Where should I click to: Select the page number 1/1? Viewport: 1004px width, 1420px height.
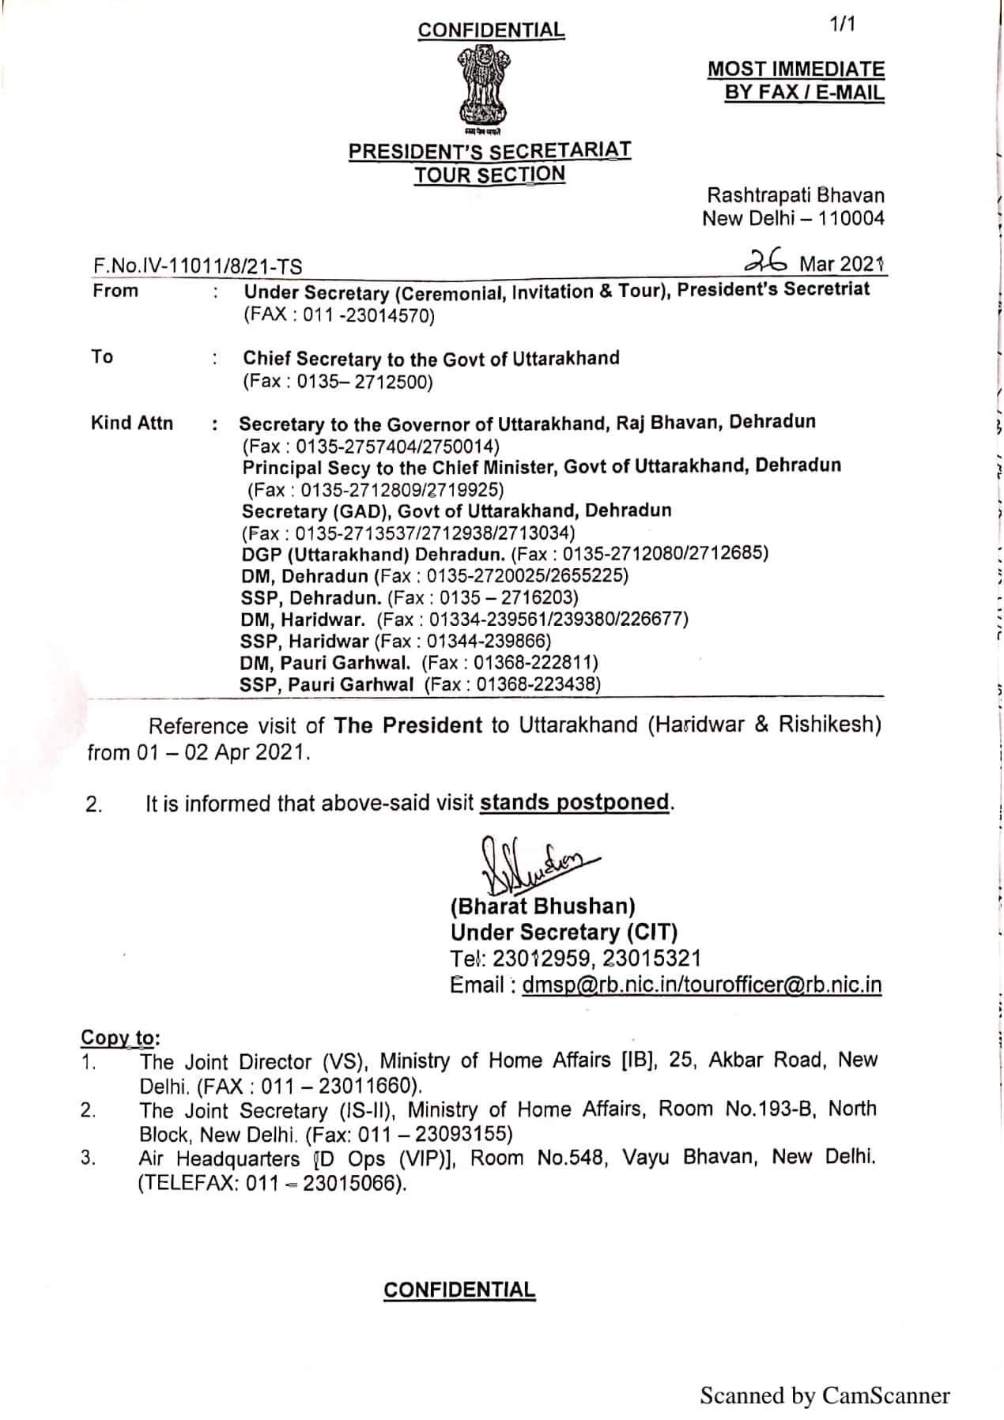click(843, 25)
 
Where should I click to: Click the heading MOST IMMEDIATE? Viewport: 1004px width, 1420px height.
click(796, 70)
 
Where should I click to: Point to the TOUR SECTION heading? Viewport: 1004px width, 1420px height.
click(490, 175)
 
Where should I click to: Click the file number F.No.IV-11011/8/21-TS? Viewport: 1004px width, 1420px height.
click(198, 266)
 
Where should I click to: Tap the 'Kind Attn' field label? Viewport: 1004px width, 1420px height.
click(132, 424)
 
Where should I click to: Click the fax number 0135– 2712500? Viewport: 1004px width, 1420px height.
click(364, 382)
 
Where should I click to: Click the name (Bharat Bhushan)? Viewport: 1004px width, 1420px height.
click(543, 906)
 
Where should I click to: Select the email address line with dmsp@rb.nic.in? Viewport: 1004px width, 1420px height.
click(666, 985)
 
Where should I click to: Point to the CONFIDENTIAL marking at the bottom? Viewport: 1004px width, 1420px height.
click(459, 1290)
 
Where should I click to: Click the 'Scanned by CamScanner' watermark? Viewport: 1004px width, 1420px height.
click(825, 1396)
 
